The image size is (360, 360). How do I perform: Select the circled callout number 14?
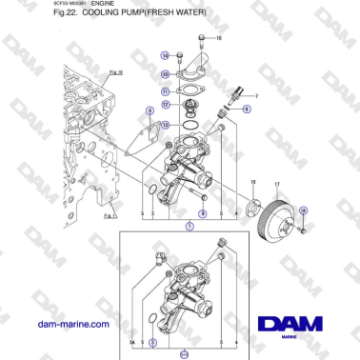pos(166,56)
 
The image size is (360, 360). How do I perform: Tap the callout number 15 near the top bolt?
pos(218,38)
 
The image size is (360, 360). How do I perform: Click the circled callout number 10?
pos(166,73)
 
